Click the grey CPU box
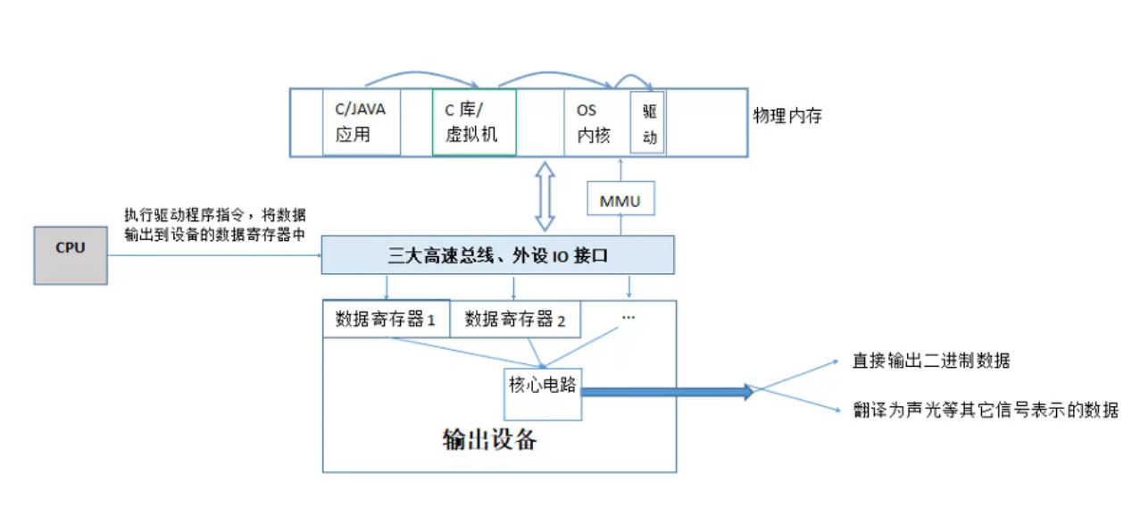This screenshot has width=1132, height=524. click(x=71, y=255)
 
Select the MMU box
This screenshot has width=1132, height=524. click(x=620, y=201)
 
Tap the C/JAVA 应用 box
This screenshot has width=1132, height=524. click(x=360, y=122)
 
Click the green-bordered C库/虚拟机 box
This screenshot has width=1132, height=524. click(x=474, y=122)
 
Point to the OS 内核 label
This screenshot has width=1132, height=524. click(x=592, y=123)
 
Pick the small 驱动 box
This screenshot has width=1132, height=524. click(x=648, y=123)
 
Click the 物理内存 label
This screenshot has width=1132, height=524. click(x=787, y=116)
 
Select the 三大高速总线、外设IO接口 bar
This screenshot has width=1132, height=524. click(x=497, y=256)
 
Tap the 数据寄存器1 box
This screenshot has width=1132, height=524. click(x=386, y=320)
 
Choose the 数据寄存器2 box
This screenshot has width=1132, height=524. click(x=515, y=320)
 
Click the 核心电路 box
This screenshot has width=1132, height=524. click(x=543, y=393)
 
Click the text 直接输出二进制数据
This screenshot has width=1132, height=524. click(x=931, y=362)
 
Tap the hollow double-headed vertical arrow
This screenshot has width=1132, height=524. click(x=545, y=196)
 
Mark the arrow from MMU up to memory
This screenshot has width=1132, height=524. click(x=620, y=170)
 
